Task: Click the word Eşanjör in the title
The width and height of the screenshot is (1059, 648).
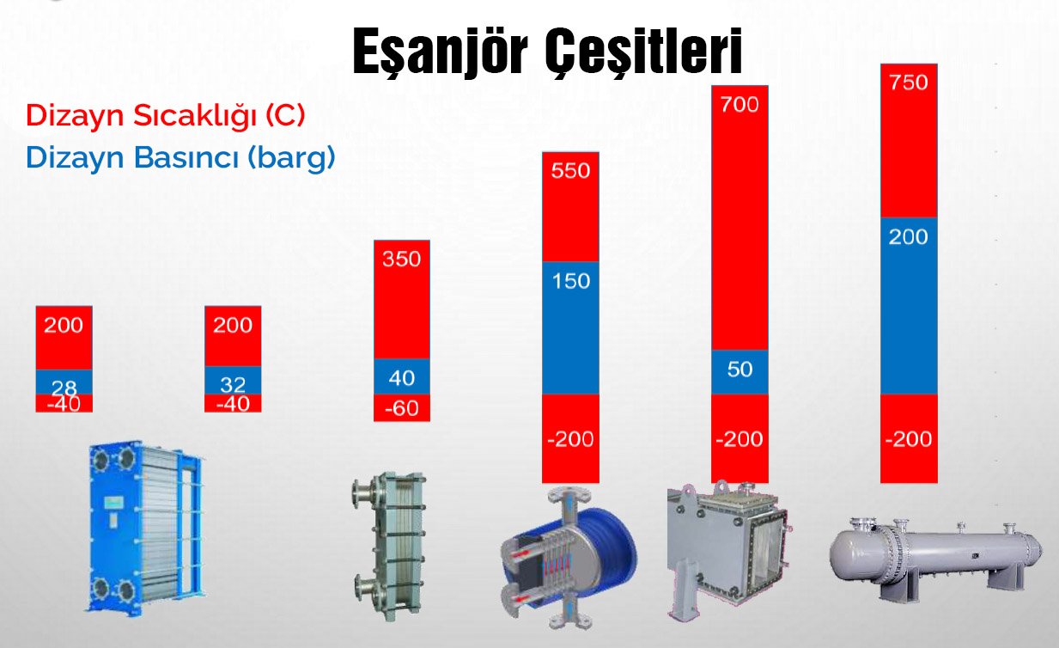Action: pos(440,51)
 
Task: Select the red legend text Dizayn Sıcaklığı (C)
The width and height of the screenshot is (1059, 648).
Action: pos(166,116)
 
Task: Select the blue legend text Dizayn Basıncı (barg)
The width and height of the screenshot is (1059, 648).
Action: pos(180,158)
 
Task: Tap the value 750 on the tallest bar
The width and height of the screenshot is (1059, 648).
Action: pos(908,83)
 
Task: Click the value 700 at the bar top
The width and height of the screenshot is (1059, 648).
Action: pos(739,105)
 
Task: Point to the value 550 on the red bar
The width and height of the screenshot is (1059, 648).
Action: pos(570,171)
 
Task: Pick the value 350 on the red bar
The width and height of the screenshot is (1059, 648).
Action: pos(401,260)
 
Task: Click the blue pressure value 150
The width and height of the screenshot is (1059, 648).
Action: pos(571,281)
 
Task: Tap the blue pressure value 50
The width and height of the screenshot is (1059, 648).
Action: pos(739,370)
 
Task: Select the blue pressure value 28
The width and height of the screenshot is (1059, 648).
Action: pos(64,388)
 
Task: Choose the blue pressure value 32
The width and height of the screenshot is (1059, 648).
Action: pos(233,385)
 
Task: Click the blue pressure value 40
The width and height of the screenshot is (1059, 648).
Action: pos(401,378)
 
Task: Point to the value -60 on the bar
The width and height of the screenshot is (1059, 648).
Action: pos(401,408)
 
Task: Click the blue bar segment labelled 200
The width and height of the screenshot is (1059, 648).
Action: pos(909,306)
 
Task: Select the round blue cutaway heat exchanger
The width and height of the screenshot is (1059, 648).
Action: pos(568,558)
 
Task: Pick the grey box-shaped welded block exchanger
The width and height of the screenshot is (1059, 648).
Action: pos(728,548)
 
